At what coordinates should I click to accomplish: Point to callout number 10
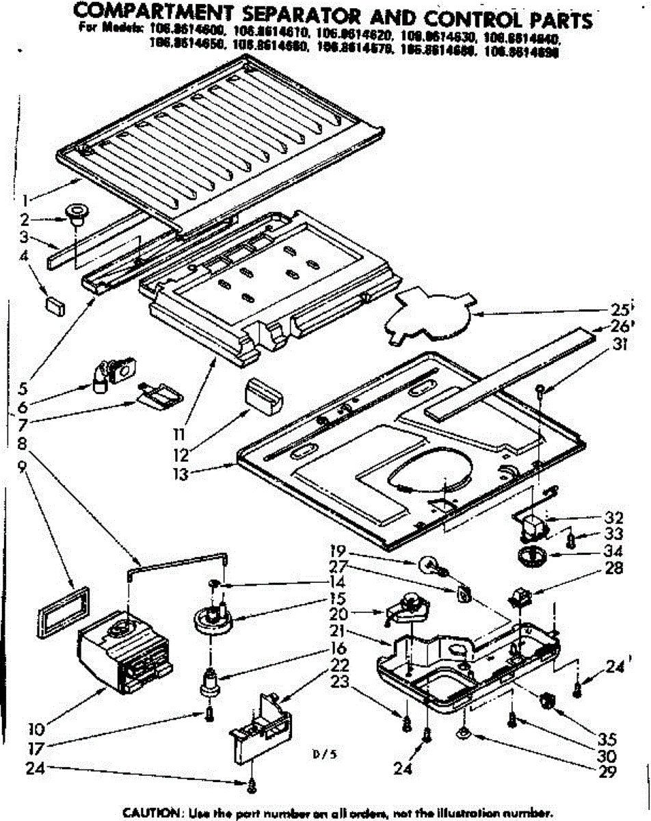(40, 727)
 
